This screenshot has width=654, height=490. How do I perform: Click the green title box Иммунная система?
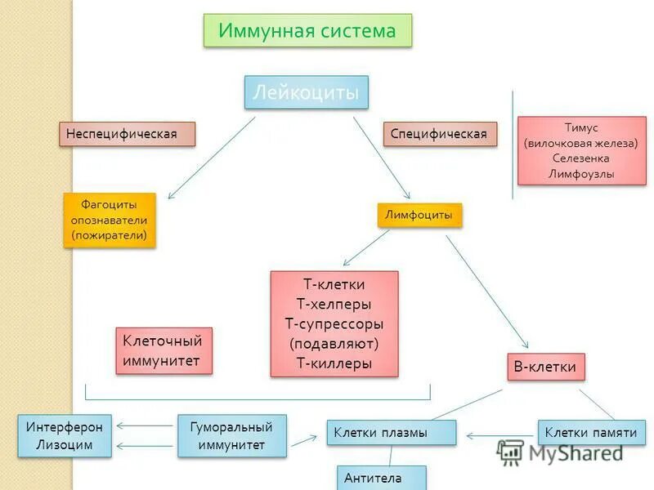[x=307, y=31]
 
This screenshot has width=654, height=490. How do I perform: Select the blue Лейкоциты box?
[x=307, y=92]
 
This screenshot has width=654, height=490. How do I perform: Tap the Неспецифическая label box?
[x=128, y=134]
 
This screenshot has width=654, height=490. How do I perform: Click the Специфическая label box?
[x=440, y=134]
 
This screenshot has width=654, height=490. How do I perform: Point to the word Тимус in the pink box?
[x=581, y=128]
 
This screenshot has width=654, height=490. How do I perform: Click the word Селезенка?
[x=581, y=158]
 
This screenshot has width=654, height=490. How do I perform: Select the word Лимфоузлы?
[x=581, y=173]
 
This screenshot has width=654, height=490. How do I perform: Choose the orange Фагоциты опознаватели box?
[x=109, y=220]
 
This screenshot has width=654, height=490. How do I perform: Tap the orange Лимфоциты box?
[x=419, y=215]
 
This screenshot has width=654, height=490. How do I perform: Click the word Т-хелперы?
[x=334, y=305]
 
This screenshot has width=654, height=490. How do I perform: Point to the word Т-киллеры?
[x=334, y=363]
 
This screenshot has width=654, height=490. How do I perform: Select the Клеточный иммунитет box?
[x=163, y=350]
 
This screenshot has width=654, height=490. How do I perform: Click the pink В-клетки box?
[x=545, y=367]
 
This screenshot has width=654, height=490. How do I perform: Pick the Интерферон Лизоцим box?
[x=65, y=435]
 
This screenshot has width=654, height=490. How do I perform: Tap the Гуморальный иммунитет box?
[x=232, y=435]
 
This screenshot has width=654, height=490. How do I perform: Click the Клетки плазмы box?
[x=391, y=433]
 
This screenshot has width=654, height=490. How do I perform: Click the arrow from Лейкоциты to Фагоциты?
[x=211, y=158]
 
